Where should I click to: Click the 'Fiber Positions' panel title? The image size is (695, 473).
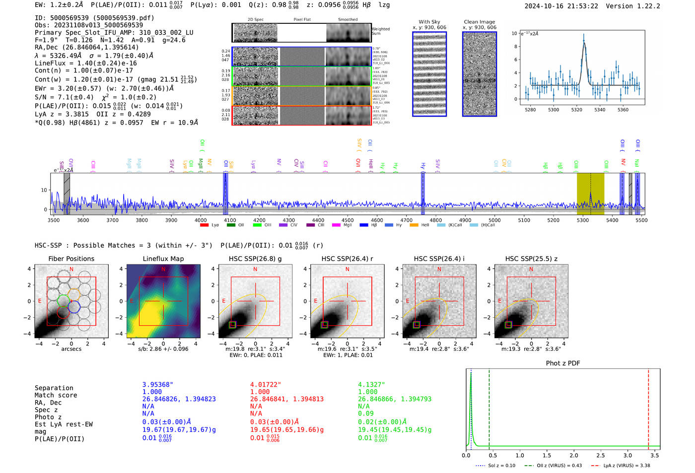(71, 259)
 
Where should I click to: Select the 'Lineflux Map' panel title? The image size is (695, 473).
(163, 259)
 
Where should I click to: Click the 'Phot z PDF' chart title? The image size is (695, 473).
(562, 363)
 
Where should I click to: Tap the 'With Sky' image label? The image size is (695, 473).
(429, 22)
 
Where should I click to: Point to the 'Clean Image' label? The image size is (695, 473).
(479, 22)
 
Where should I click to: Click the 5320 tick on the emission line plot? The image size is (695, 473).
(576, 110)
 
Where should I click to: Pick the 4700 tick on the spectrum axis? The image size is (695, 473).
(406, 220)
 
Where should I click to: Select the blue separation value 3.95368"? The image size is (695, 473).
(157, 385)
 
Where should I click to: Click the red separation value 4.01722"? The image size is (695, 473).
(265, 385)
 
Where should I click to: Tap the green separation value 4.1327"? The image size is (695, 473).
(371, 385)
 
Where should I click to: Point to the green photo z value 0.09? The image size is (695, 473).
(365, 413)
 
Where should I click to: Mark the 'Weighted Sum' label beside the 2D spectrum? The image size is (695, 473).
(380, 31)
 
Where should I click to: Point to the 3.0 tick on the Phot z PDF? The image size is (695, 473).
(627, 455)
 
